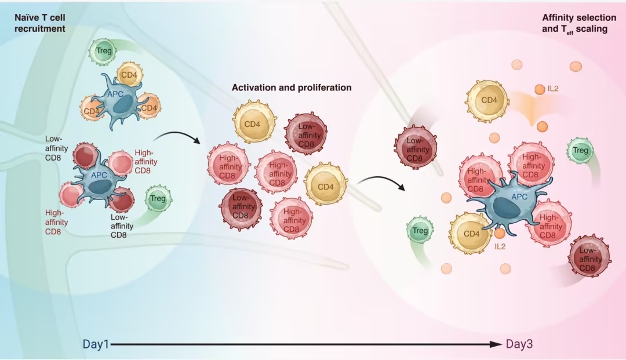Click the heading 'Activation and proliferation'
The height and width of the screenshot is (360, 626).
click(292, 88)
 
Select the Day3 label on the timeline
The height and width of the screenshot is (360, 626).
click(519, 344)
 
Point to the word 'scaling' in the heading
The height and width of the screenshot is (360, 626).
click(592, 28)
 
